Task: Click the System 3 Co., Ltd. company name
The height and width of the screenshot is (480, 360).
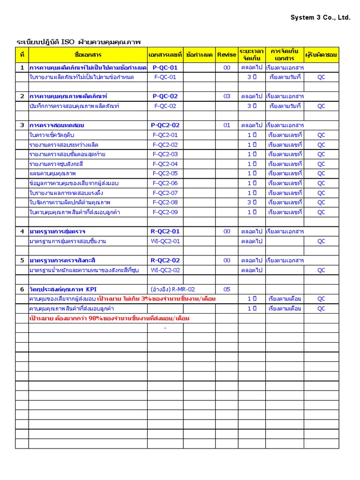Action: (320, 18)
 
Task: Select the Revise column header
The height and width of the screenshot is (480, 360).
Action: (227, 55)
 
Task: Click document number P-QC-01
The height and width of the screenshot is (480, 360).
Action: (165, 67)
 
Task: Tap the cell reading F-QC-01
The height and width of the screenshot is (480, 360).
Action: (165, 77)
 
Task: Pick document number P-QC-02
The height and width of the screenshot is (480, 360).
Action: (165, 96)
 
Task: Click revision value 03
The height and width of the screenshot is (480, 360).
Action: (227, 96)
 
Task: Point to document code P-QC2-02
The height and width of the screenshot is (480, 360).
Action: (165, 125)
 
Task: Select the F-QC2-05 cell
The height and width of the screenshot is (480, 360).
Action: (165, 173)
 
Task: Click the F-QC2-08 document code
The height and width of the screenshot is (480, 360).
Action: (165, 202)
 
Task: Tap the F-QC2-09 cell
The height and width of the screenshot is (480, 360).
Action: (165, 212)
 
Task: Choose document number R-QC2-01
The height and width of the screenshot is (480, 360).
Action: (165, 231)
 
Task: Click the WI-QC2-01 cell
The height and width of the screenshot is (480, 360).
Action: (165, 241)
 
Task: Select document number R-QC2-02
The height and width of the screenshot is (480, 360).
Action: (165, 260)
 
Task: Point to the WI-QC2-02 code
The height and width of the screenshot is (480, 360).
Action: (165, 270)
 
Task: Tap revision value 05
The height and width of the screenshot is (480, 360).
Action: (227, 289)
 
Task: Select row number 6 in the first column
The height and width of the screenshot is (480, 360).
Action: (22, 289)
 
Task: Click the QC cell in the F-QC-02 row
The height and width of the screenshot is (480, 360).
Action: (321, 106)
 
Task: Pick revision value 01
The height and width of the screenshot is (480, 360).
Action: (227, 125)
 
